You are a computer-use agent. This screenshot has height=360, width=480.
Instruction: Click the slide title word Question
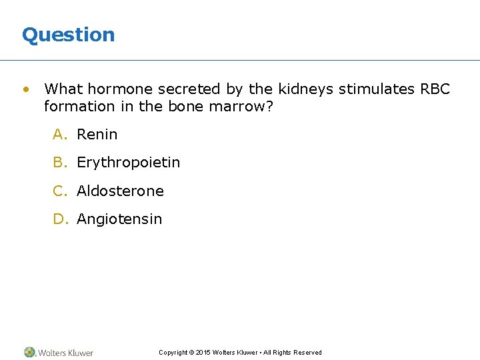pos(68,35)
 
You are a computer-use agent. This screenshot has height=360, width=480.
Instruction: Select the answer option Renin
pos(97,135)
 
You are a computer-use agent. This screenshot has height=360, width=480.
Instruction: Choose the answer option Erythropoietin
pos(128,163)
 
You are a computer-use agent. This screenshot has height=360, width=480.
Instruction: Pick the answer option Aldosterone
pos(120,191)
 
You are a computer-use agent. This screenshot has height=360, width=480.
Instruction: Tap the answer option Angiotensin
pos(119,219)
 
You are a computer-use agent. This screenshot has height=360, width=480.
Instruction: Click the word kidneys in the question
pos(305,89)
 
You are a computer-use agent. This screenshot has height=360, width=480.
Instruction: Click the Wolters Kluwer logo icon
pos(29,352)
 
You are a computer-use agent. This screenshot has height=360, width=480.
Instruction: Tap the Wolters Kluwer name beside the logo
pos(65,353)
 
